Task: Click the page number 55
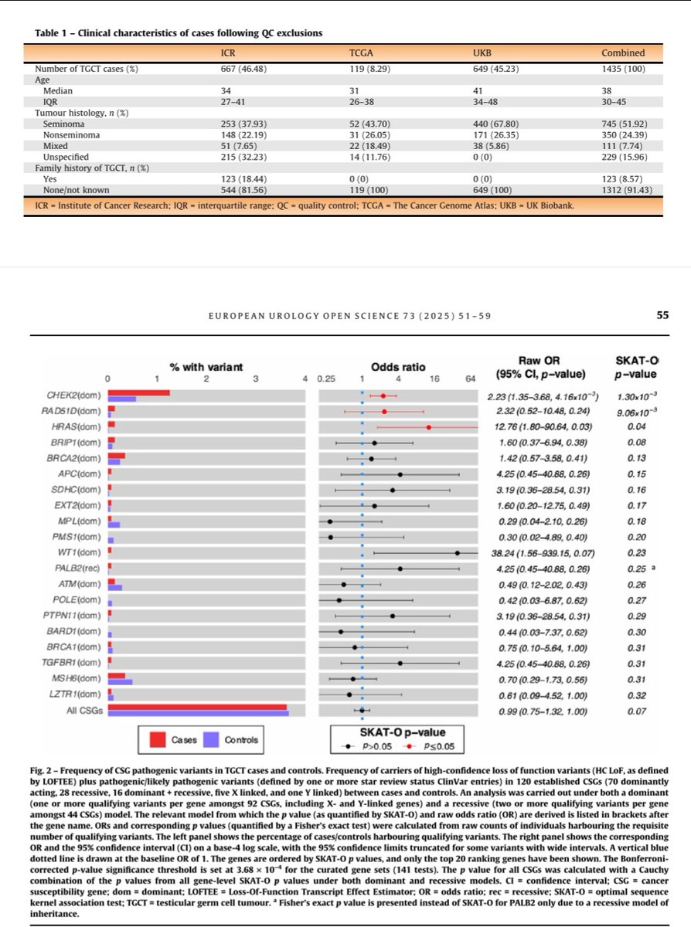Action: (662, 316)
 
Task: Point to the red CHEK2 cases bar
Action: (139, 393)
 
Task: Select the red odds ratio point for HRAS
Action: (428, 427)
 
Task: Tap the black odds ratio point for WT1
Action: (458, 552)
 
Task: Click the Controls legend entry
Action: (232, 740)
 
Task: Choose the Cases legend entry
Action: (174, 740)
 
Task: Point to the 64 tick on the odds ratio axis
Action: (470, 379)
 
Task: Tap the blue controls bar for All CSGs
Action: (199, 713)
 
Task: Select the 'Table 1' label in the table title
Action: (53, 32)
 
